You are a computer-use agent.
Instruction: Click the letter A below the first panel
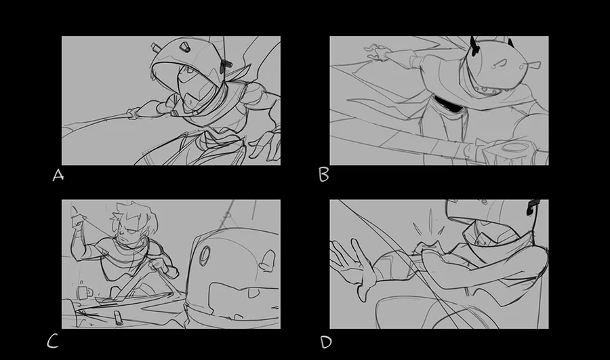tap(58, 175)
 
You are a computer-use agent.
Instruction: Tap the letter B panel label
tap(324, 175)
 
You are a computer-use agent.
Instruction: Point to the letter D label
tap(326, 342)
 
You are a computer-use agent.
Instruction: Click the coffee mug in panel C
tap(84, 291)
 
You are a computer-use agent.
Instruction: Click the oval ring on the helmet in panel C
tap(205, 256)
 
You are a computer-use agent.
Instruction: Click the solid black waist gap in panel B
tap(447, 104)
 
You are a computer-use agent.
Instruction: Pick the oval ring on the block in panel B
tap(513, 147)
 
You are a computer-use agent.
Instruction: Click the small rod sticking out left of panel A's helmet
tap(156, 48)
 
